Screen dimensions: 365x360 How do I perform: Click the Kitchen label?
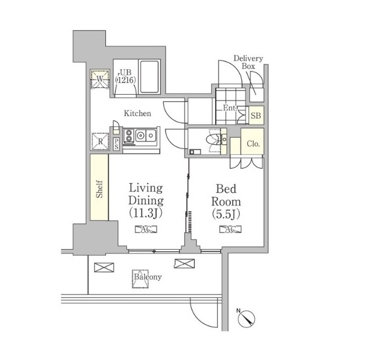point(138,113)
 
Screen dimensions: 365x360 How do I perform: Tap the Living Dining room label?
point(146,201)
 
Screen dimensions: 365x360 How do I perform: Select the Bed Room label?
point(226,201)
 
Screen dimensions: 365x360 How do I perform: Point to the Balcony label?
point(148,277)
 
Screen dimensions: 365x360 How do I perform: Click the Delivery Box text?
point(248,62)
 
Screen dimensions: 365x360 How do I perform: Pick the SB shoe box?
point(256,116)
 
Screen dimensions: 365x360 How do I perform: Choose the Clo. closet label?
point(253,144)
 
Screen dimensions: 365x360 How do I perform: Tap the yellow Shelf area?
point(99,188)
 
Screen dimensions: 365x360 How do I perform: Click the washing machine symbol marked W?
point(100,79)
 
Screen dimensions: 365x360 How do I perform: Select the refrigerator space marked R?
point(100,141)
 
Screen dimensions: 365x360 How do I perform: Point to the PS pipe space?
point(116,144)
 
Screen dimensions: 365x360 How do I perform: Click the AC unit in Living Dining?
point(146,229)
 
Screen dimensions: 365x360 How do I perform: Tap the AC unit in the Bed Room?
point(230,229)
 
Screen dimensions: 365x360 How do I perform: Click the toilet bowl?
point(213,140)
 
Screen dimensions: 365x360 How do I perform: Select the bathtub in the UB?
point(149,77)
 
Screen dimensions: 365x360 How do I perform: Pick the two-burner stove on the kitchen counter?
point(129,136)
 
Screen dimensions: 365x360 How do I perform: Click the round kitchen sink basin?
point(141,135)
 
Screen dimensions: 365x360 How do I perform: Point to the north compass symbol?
point(247,318)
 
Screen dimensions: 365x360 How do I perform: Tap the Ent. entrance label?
point(230,108)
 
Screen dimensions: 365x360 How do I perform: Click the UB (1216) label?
point(126,76)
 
